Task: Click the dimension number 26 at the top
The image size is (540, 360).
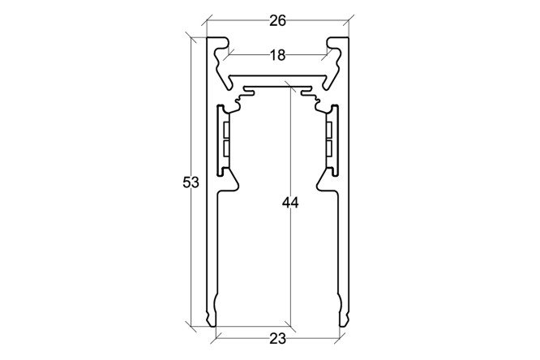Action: pos(277,21)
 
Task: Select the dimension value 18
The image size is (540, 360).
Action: pos(277,55)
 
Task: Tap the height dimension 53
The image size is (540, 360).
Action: pos(191,182)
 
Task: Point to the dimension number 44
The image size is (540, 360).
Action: pos(290,203)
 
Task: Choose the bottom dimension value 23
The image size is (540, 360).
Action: pos(277,339)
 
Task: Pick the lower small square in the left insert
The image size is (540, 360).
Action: pos(226,148)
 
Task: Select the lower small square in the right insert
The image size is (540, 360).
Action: pos(329,148)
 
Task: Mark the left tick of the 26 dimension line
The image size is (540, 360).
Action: pos(207,20)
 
